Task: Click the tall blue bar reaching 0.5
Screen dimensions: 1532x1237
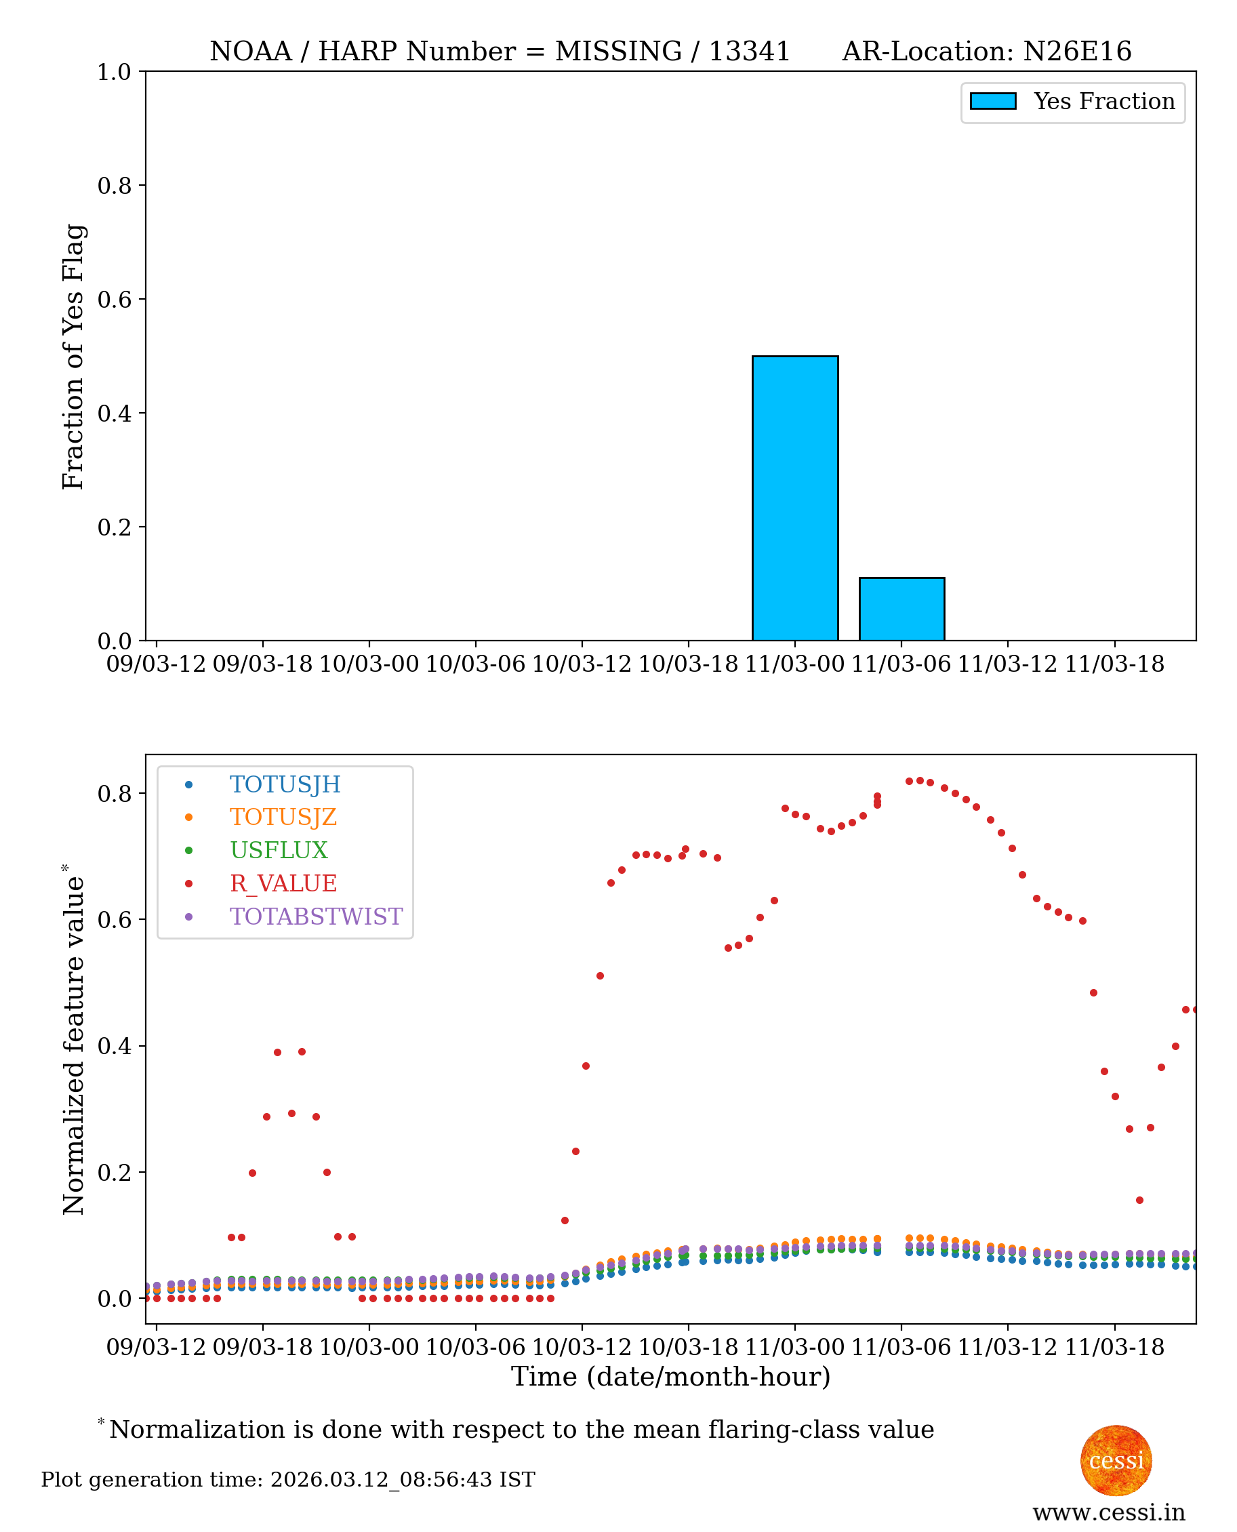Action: click(794, 499)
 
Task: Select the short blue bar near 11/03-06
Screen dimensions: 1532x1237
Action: click(901, 609)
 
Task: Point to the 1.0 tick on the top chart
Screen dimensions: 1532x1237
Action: click(114, 72)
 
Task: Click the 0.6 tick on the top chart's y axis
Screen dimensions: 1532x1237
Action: click(114, 299)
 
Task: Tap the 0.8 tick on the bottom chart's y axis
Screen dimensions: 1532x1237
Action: click(114, 794)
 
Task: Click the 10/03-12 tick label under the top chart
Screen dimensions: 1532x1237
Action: click(582, 665)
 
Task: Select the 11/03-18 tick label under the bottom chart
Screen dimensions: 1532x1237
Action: click(1114, 1348)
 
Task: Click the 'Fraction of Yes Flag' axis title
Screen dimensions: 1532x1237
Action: click(73, 357)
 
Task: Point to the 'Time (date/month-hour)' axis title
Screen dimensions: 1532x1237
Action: click(670, 1377)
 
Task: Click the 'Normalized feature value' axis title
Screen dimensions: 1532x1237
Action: click(73, 1040)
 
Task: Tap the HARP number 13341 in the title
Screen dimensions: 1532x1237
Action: click(749, 52)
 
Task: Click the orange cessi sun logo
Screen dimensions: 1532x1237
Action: click(1115, 1461)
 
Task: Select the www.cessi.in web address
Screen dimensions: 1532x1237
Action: click(1108, 1512)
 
